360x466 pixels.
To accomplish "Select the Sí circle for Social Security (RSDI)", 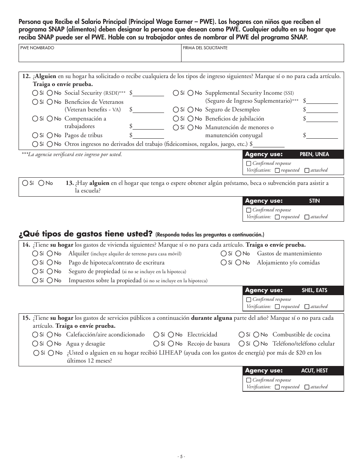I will (35, 93).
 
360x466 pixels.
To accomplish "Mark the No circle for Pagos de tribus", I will (50, 135).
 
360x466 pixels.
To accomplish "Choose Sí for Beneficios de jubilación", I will (176, 119).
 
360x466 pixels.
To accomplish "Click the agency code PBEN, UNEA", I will (314, 154).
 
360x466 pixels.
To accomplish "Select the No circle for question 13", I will (41, 183).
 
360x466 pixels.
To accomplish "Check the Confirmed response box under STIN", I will (249, 210).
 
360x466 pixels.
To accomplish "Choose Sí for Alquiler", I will (35, 253).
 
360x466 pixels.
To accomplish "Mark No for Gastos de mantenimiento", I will (238, 253).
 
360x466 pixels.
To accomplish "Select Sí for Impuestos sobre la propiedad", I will (35, 280).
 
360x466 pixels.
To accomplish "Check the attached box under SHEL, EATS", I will (307, 306).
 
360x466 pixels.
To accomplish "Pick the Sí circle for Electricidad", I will (156, 335).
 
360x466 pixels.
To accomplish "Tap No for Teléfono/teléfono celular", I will (256, 344).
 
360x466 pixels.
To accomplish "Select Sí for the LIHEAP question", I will (36, 353).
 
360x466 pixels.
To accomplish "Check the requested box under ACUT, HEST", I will (277, 387).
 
